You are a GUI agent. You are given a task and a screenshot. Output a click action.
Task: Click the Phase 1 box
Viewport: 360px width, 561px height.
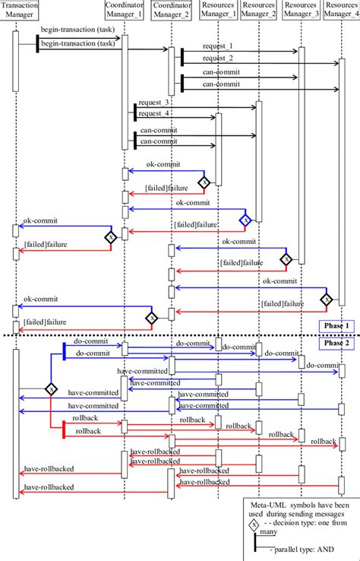coord(335,325)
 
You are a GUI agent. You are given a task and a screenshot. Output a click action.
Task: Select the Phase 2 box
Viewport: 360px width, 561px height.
coord(335,343)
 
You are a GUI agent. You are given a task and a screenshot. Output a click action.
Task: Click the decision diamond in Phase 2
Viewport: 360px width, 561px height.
coord(50,389)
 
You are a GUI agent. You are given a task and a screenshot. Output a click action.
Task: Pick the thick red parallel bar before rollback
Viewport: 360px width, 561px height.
coord(63,429)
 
